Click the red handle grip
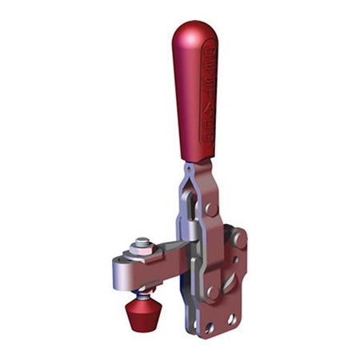tap(194, 96)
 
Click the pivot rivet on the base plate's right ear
tap(238, 238)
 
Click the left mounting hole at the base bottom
tap(210, 326)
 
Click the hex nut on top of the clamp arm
tap(142, 249)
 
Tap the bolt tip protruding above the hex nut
tap(142, 241)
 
